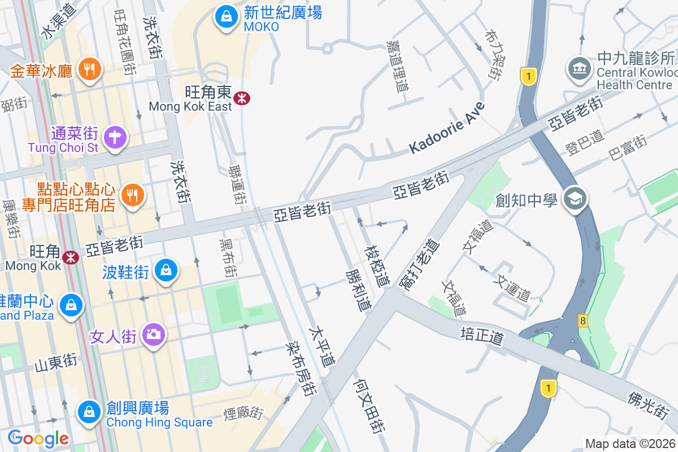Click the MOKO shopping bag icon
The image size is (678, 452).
tap(226, 16)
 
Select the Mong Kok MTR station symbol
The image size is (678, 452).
tap(71, 257)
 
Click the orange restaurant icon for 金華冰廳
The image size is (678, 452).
tap(89, 69)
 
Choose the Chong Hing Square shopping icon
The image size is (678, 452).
tap(89, 411)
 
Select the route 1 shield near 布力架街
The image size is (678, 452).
tap(528, 76)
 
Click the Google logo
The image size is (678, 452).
tap(38, 438)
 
